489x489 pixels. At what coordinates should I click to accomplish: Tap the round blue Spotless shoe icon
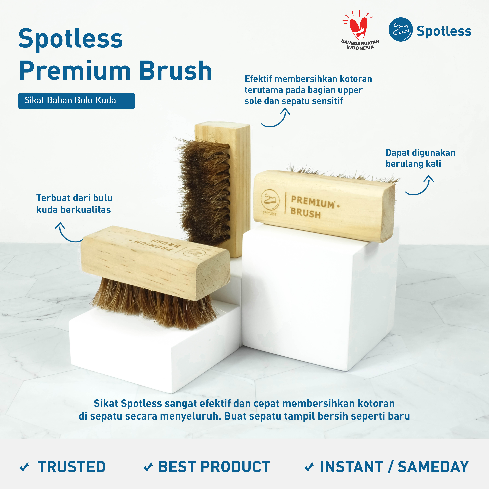[400, 29]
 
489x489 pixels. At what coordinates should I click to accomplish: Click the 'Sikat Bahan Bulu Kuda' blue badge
[76, 101]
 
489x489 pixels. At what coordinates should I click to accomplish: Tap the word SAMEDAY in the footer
[433, 466]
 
